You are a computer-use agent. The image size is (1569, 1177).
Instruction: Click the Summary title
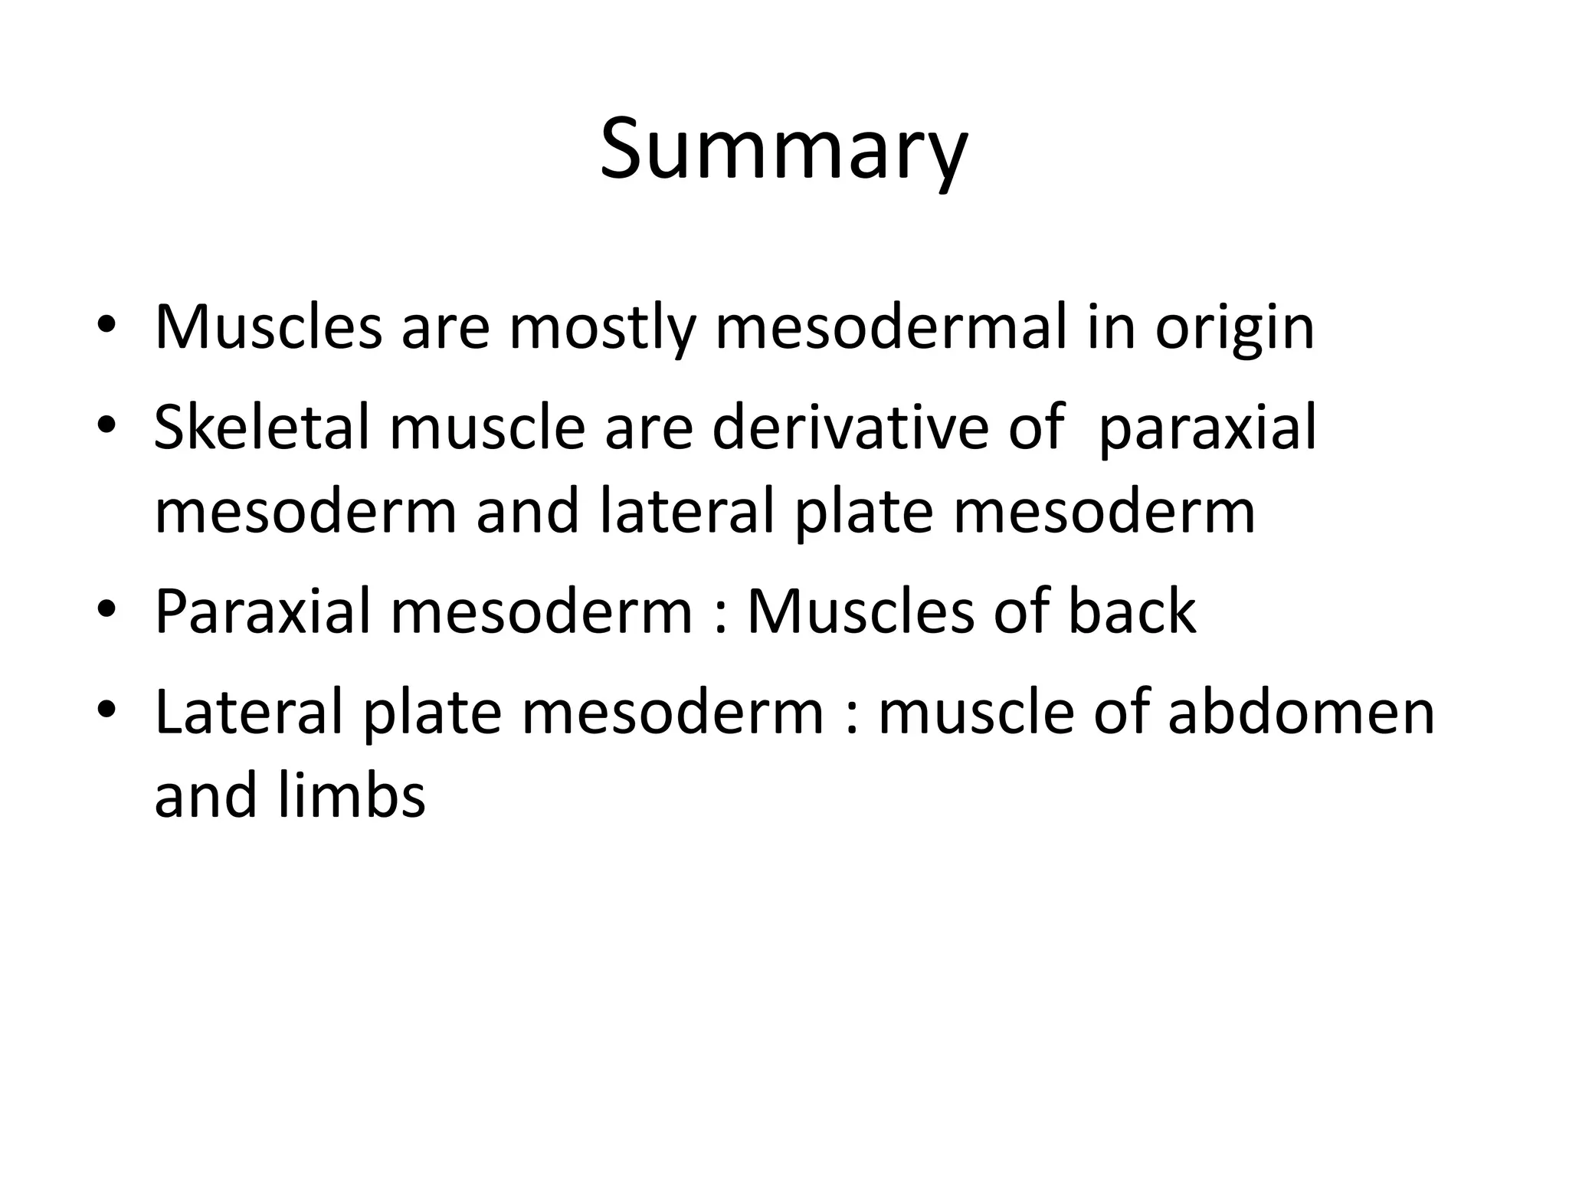[x=784, y=150]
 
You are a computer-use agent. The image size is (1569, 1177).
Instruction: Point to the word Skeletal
[x=262, y=427]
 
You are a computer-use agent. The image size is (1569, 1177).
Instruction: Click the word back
[x=1132, y=611]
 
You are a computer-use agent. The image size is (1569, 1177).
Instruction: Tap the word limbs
[x=352, y=795]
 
